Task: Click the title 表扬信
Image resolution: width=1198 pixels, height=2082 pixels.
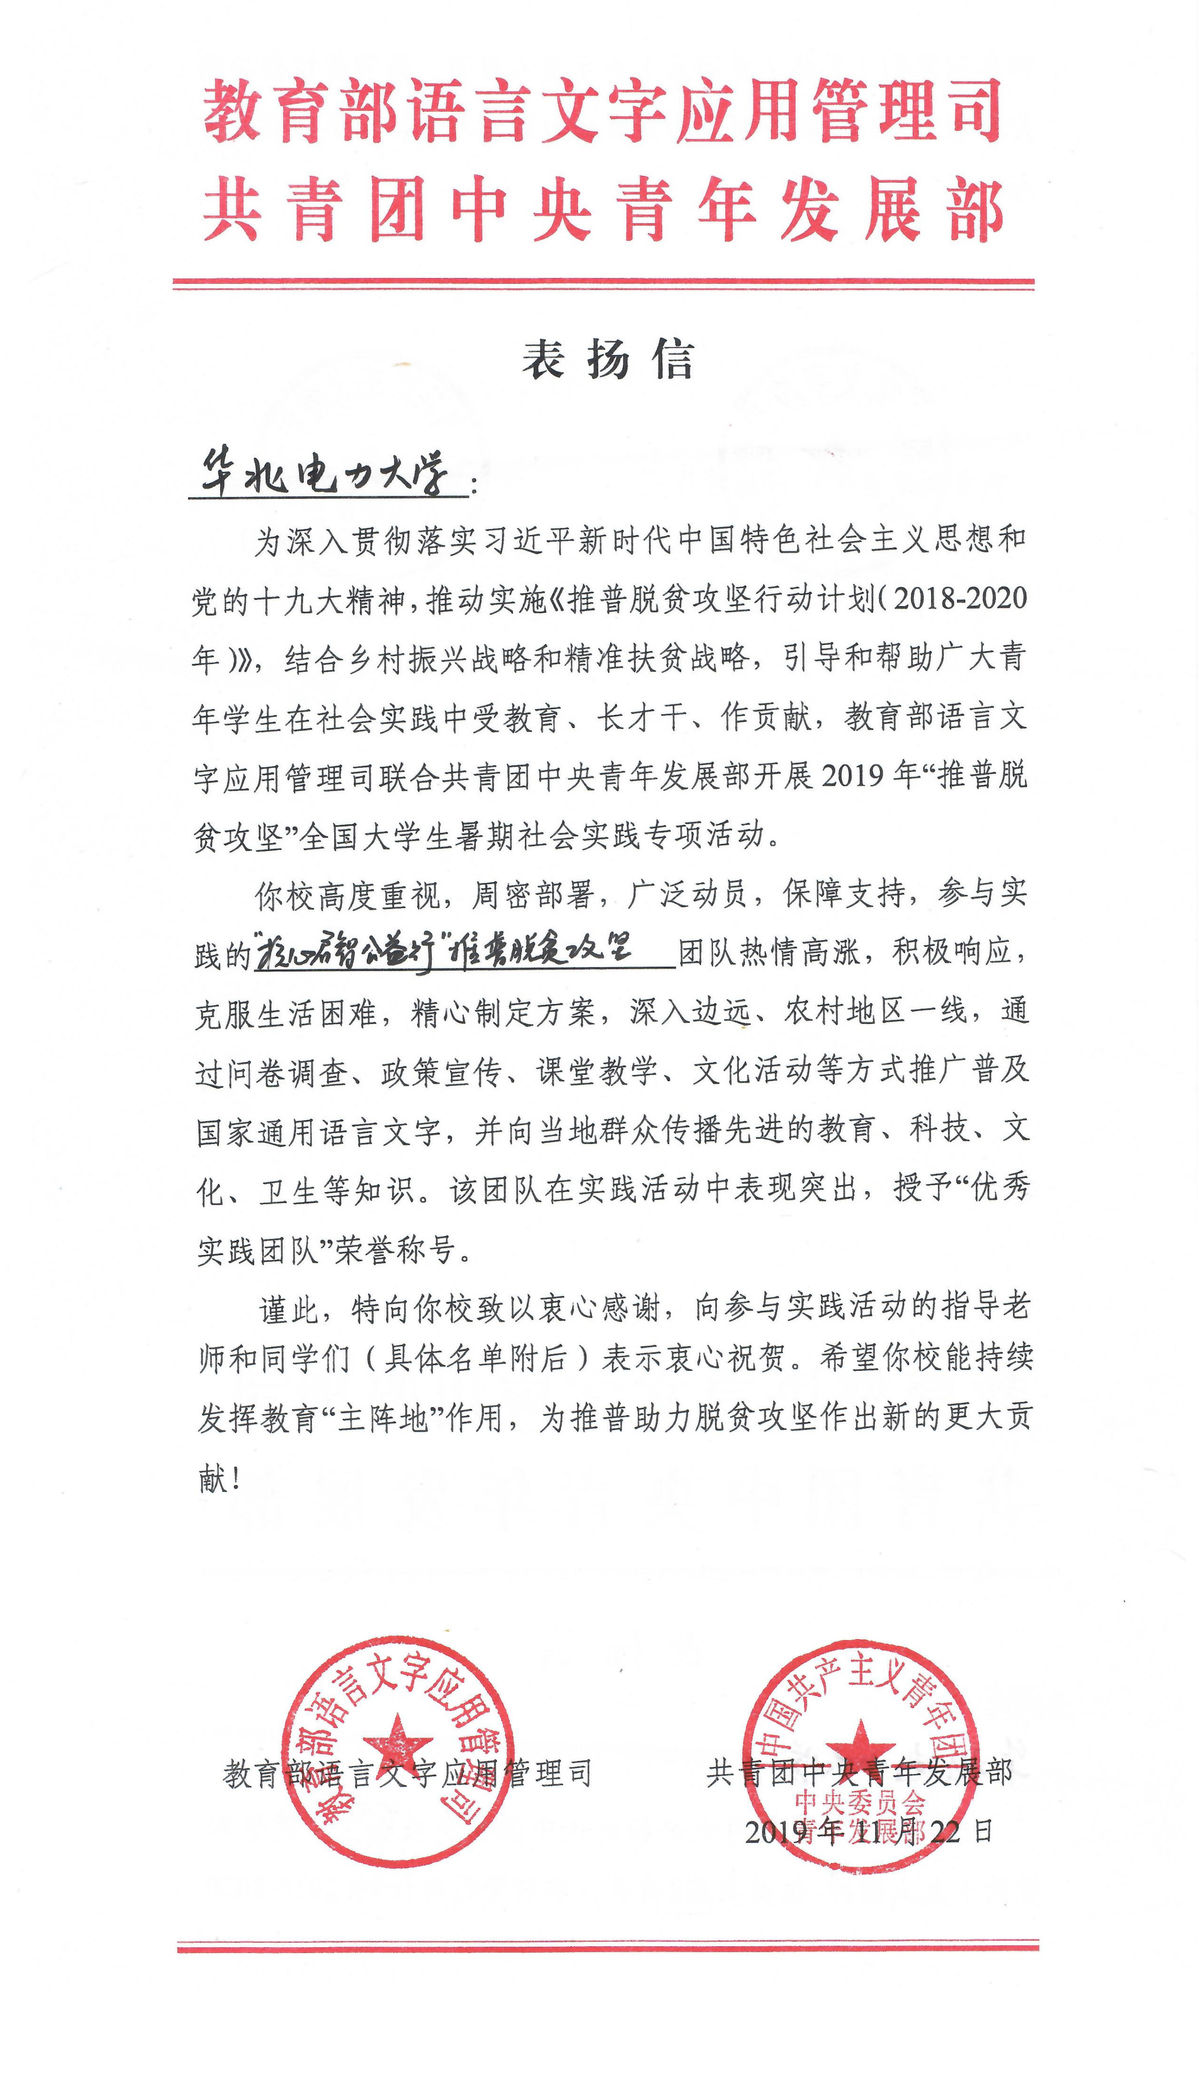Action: pyautogui.click(x=607, y=360)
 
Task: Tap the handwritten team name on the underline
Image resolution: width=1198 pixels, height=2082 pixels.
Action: pyautogui.click(x=444, y=952)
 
